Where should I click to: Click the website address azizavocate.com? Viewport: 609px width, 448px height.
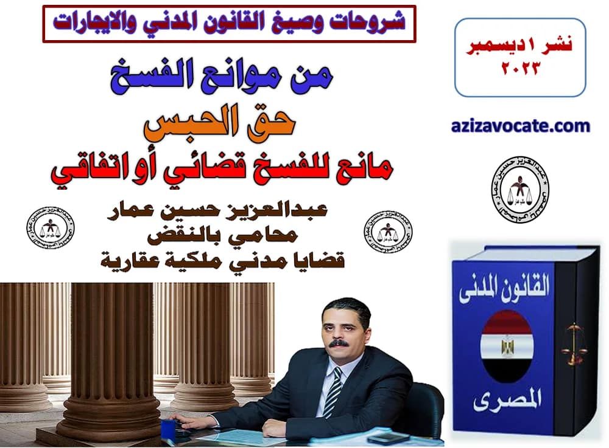[x=521, y=126]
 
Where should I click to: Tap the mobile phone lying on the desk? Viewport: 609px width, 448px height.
[x=379, y=436]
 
